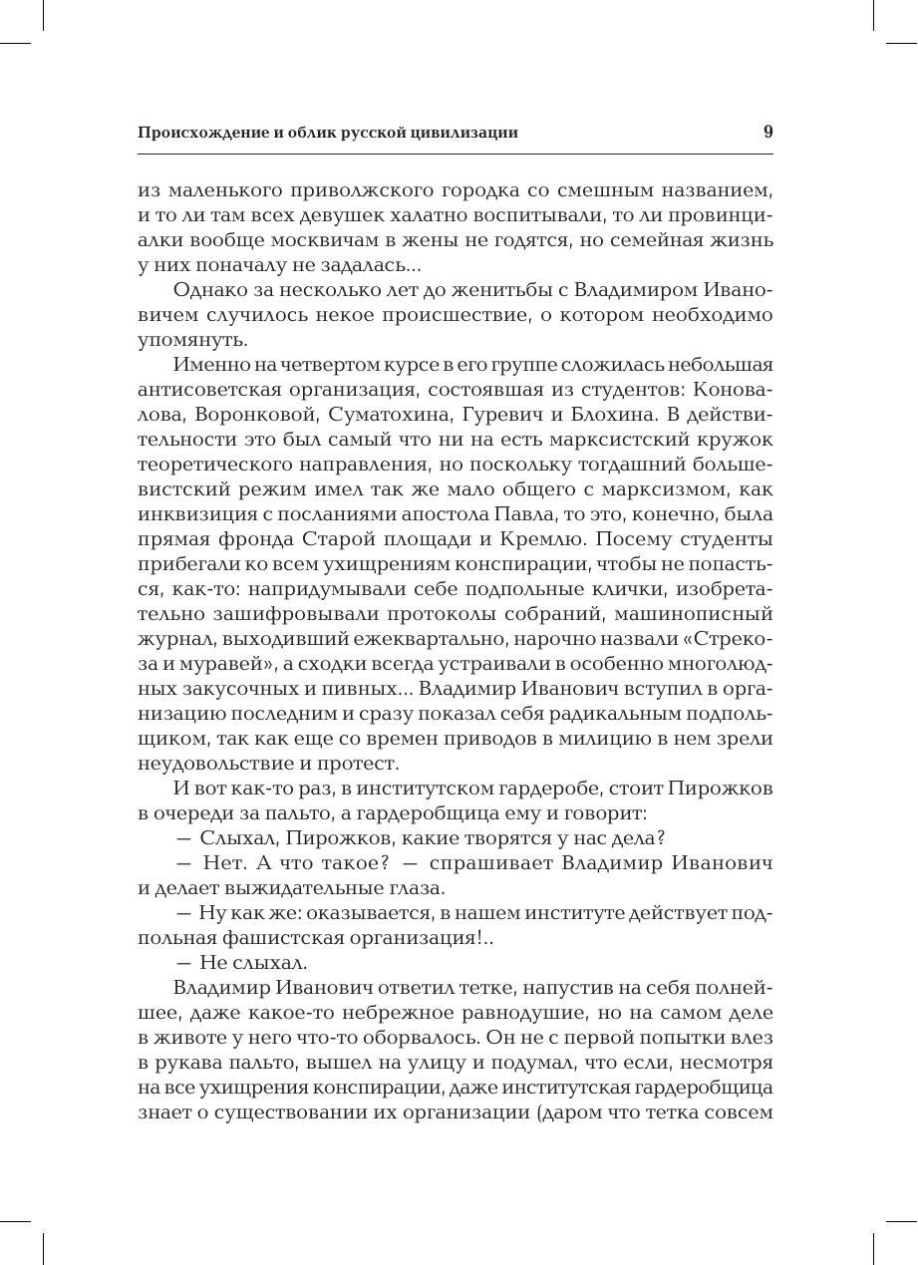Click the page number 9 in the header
click(x=767, y=132)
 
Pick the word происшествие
click(x=510, y=315)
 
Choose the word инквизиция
click(x=197, y=514)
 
